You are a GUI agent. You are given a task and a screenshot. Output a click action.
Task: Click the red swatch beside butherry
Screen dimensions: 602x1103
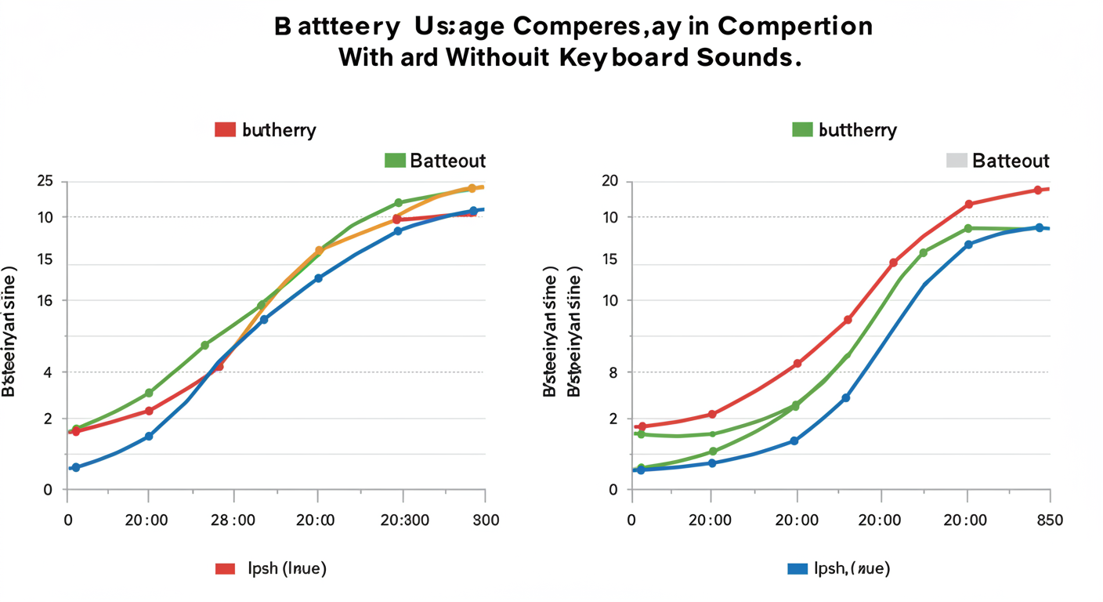[x=226, y=129]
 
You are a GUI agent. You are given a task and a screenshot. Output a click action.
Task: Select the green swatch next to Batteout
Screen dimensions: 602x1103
[x=395, y=160]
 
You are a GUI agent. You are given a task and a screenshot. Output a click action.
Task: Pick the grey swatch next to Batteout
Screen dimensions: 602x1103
[x=957, y=160]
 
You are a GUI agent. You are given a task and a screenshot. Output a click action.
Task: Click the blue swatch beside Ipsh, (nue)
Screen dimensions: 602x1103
[x=797, y=569]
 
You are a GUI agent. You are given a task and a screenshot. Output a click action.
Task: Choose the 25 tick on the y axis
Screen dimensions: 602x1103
[x=45, y=182]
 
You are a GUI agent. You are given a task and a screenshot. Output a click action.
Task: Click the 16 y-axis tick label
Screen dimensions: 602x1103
[x=45, y=300]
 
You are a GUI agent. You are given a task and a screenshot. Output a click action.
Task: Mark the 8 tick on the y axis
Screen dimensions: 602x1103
[x=613, y=372]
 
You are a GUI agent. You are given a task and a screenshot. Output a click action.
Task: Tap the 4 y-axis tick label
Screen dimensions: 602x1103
[x=48, y=372]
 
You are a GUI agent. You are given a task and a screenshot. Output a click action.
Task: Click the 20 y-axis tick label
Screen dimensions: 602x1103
[x=610, y=182]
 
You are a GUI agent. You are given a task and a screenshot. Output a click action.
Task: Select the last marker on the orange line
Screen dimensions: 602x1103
[x=472, y=188]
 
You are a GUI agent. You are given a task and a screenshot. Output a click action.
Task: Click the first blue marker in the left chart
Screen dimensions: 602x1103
[x=75, y=467]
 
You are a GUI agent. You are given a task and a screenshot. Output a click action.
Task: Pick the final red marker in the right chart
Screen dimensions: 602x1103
[x=1038, y=190]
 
